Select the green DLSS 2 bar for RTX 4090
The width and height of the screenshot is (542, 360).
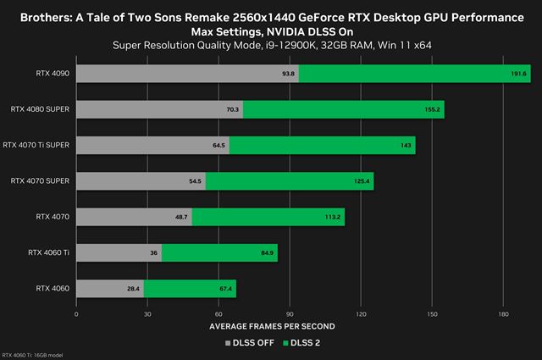tap(402, 74)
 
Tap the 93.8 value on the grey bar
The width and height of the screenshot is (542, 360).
tap(290, 74)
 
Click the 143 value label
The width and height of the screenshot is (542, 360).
tap(406, 146)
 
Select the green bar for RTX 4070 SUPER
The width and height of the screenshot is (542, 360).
tap(289, 181)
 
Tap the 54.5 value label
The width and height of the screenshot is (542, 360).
tap(196, 181)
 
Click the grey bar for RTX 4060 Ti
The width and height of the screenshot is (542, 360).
tap(119, 253)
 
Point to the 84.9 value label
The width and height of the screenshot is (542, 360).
tap(266, 253)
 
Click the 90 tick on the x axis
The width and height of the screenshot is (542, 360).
tap(290, 314)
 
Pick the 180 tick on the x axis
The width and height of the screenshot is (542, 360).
tap(503, 314)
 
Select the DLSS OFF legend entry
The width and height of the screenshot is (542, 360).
tap(247, 343)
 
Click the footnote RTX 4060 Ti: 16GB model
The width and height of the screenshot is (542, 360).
tap(31, 355)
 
